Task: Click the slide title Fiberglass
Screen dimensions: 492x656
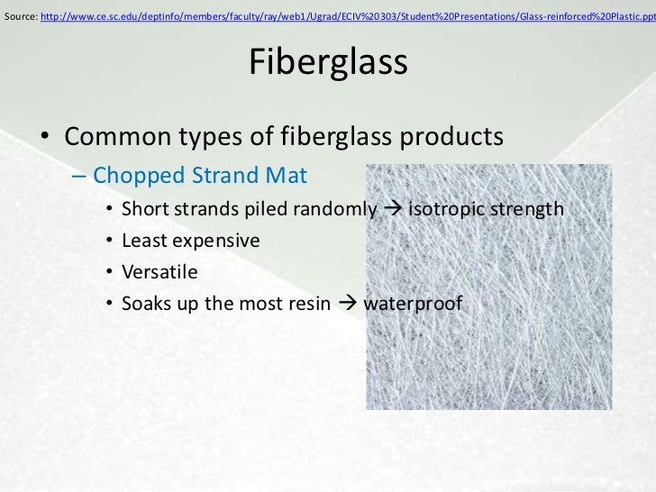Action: point(327,62)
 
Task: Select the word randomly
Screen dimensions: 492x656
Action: point(333,210)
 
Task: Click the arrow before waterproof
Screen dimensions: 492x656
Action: point(347,305)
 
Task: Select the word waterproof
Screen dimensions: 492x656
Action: point(413,305)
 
